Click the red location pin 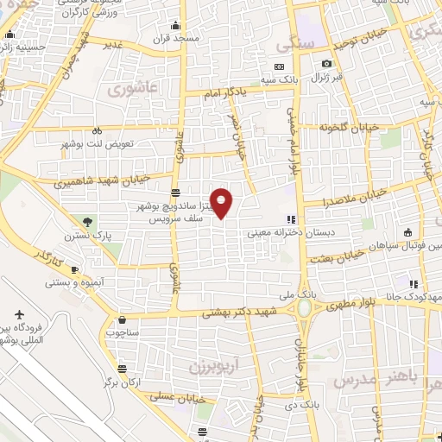click(x=222, y=201)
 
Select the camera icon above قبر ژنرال click(x=326, y=64)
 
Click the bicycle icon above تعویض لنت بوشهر click(x=96, y=131)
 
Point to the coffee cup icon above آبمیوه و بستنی click(x=73, y=270)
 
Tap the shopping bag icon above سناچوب click(x=122, y=319)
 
